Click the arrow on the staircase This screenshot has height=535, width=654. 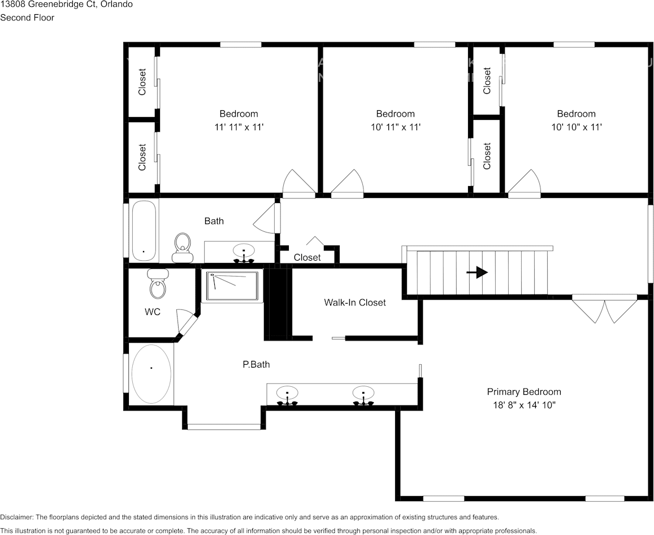tap(477, 273)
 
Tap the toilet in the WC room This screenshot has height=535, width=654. tap(158, 284)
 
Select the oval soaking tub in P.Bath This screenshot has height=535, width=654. tap(151, 373)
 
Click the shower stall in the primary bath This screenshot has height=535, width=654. tap(232, 286)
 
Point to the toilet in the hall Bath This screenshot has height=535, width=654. tap(182, 249)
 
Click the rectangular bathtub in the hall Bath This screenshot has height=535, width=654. tap(144, 231)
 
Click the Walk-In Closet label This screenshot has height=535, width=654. tap(354, 303)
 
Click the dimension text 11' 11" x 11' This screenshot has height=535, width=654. tap(239, 128)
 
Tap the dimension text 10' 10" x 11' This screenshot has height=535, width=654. tap(576, 128)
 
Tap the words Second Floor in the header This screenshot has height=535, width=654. tap(27, 18)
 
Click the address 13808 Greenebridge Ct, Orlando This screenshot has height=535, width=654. tap(67, 5)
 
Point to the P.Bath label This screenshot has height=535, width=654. tap(256, 365)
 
